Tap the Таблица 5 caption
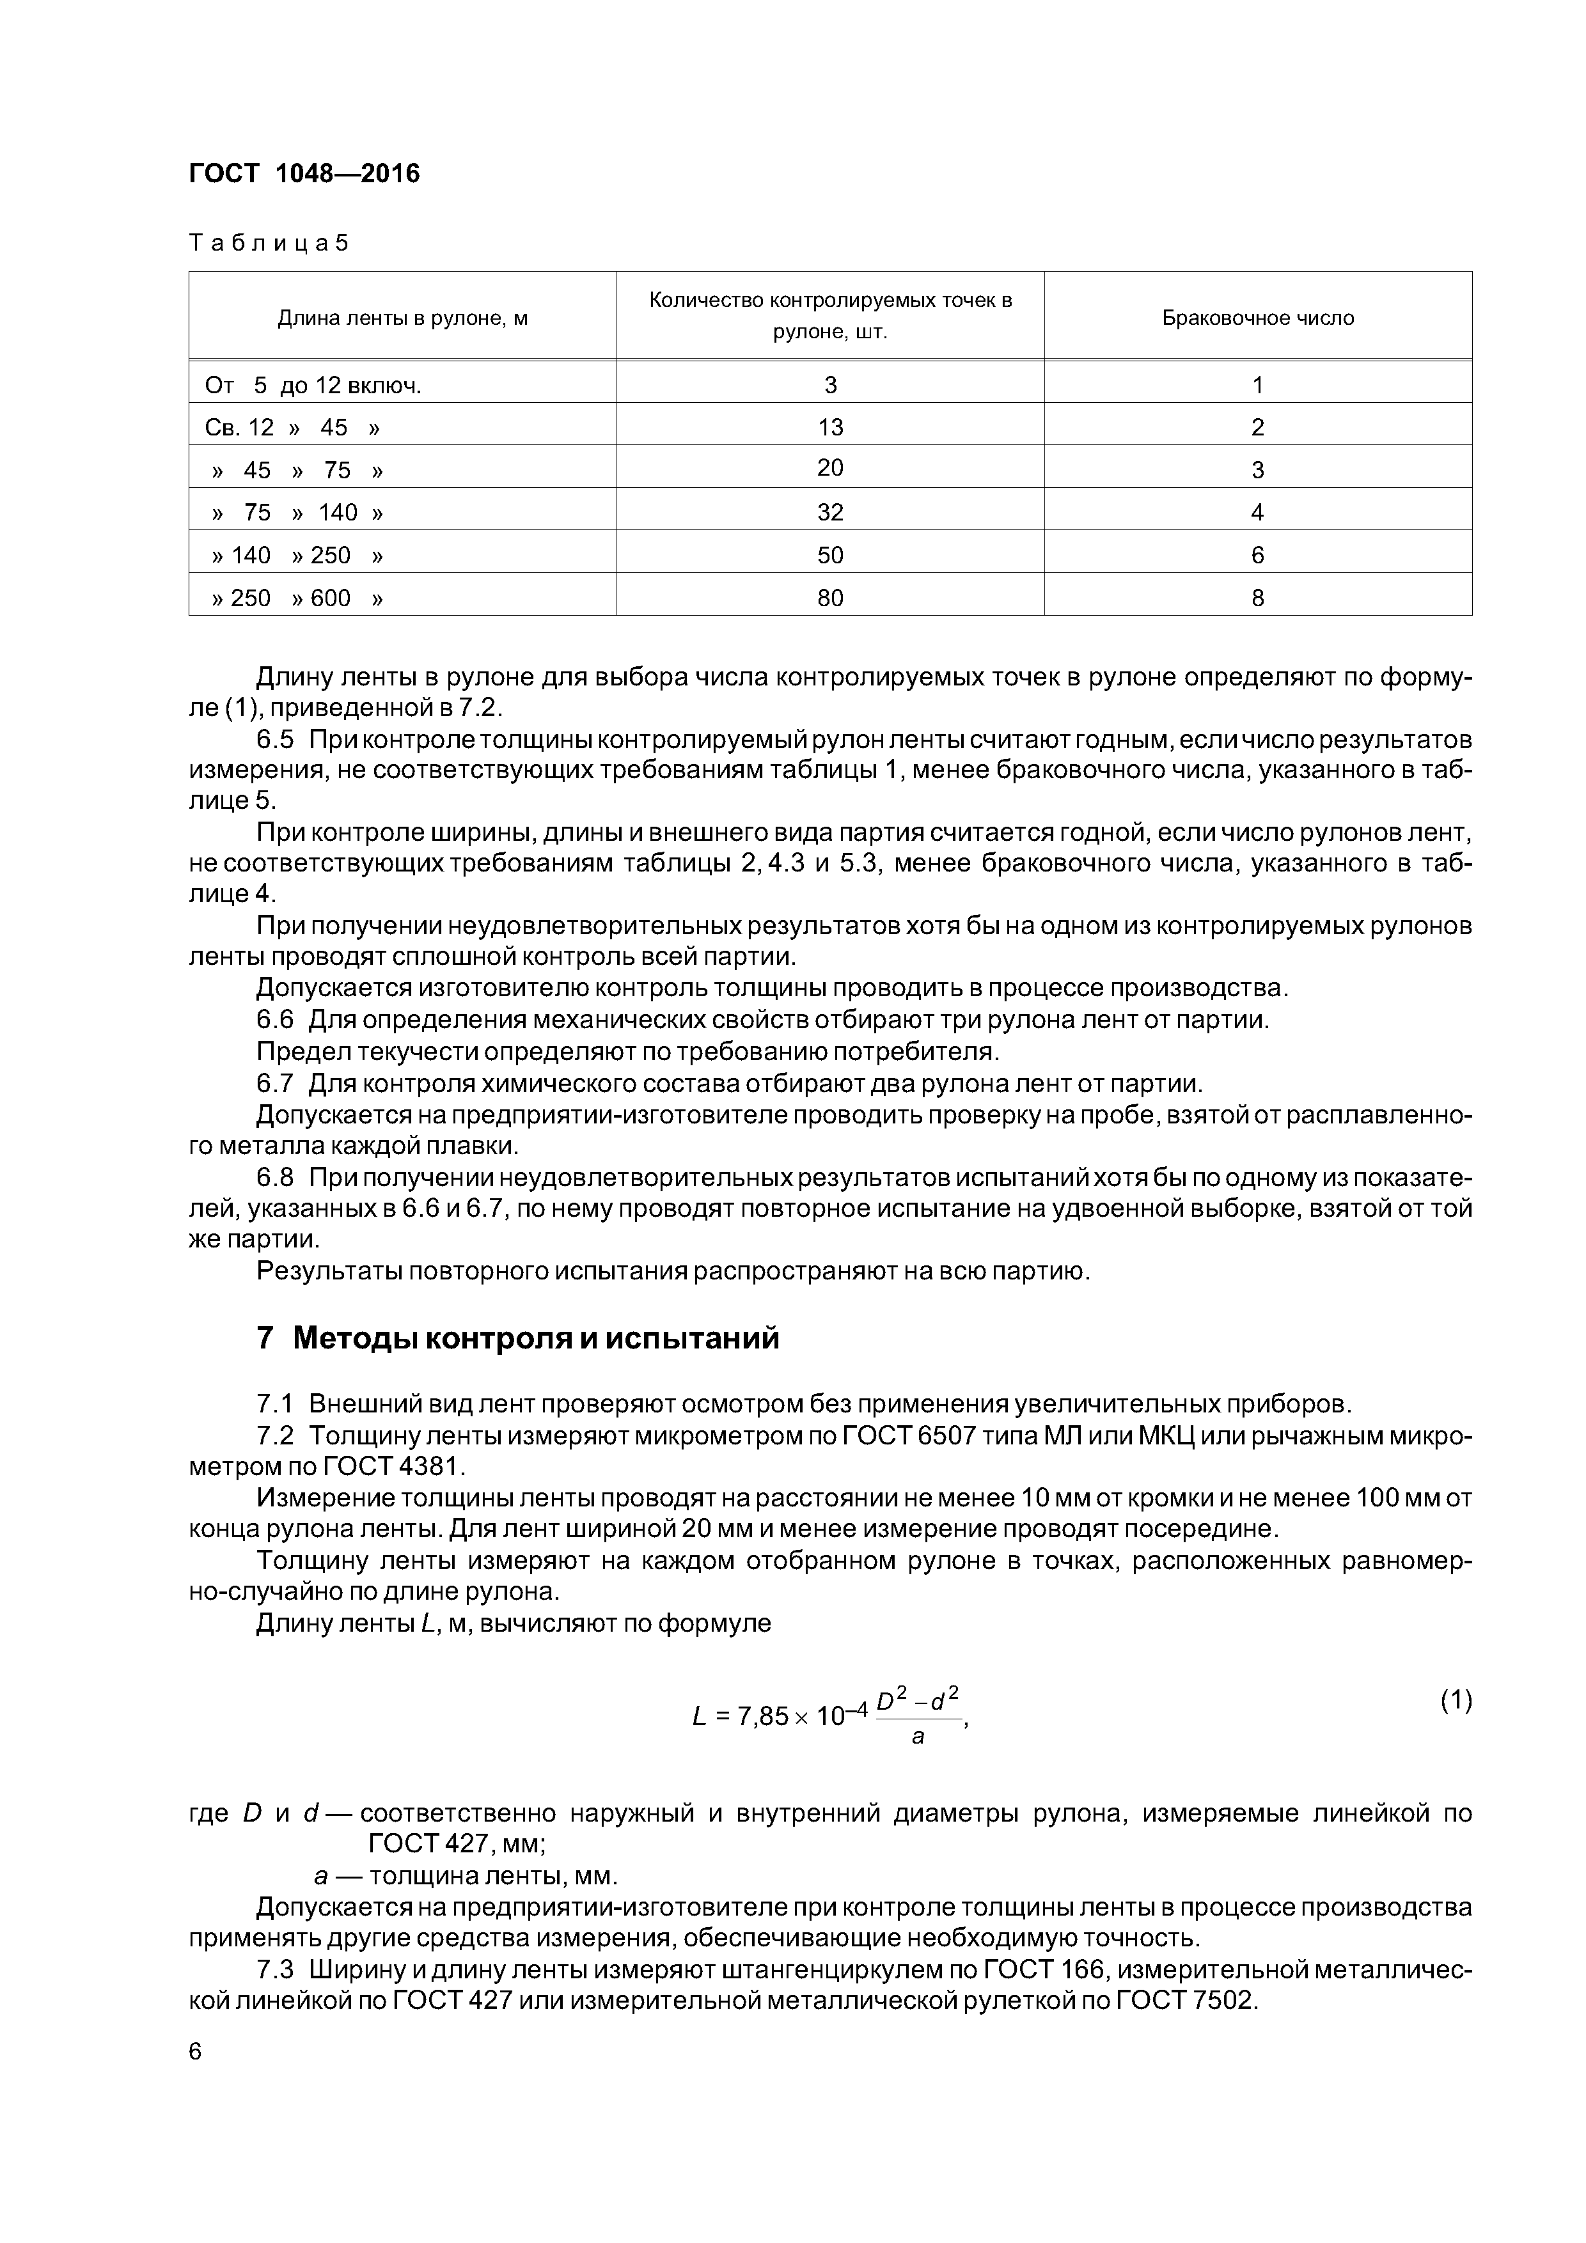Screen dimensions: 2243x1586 coord(269,242)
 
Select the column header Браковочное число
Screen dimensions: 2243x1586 coord(1258,318)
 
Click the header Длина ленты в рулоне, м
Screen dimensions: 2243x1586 coord(403,318)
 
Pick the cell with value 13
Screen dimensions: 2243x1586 coord(831,427)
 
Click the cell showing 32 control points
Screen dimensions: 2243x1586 coord(831,512)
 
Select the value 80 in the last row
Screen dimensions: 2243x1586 coord(831,597)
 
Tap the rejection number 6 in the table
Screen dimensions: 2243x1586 coord(1258,555)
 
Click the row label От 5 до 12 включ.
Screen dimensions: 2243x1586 coord(313,385)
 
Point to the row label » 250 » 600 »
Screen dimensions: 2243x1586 coord(297,597)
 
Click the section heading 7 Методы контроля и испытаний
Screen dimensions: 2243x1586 coord(518,1338)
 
